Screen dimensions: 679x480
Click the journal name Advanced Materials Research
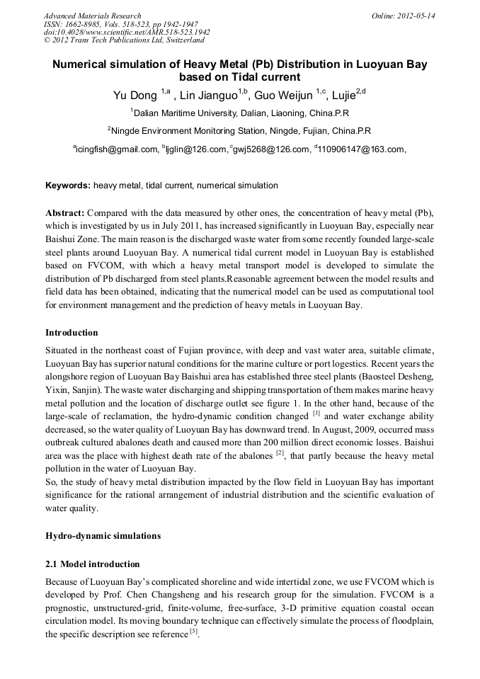tap(92, 16)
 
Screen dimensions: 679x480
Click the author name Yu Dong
tap(136, 95)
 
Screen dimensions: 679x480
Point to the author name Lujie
tap(347, 95)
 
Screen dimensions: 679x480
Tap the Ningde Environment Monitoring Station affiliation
tap(240, 131)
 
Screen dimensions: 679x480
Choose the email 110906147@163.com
tap(361, 149)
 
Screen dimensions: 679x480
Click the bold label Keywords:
tap(68, 186)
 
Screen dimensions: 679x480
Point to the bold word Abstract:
tap(65, 213)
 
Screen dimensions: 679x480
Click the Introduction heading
tap(72, 333)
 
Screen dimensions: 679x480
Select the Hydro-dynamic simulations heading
tap(103, 536)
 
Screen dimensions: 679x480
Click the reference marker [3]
tap(193, 632)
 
